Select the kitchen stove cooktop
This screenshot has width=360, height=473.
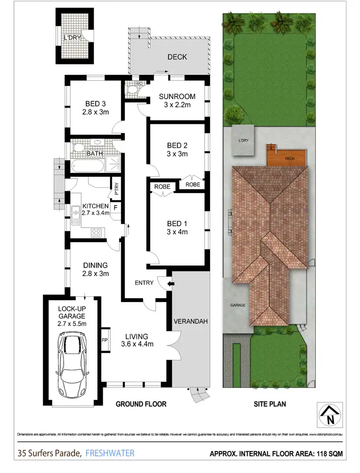coord(96,232)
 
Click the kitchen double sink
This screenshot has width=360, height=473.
coord(75,215)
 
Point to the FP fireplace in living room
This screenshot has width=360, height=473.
coord(105,340)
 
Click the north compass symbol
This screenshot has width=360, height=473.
coord(329,414)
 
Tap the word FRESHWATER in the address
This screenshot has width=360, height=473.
coord(109,452)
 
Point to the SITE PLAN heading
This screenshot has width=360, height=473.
coord(270,404)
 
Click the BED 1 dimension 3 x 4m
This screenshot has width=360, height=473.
coord(177,232)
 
